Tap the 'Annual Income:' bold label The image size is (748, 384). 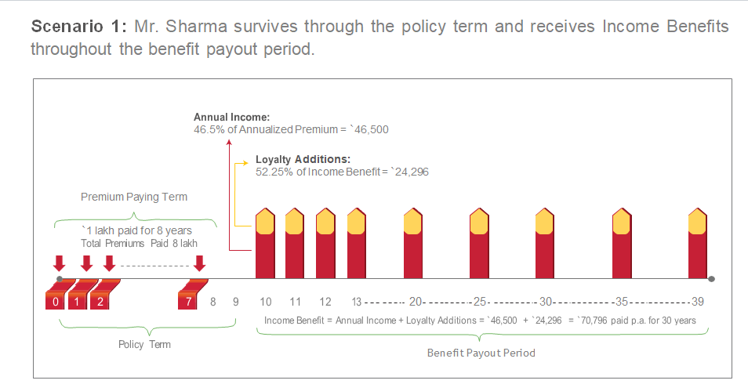pos(231,117)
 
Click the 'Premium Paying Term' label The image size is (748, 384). pos(134,197)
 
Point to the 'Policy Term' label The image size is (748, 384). pos(144,344)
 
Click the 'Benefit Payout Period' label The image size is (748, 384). pos(481,353)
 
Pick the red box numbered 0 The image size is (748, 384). pos(55,301)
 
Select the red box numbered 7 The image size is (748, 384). pos(188,301)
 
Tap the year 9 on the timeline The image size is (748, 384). pos(236,302)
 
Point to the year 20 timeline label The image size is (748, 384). pos(416,302)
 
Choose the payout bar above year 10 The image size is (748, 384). pos(266,244)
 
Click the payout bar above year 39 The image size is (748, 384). pos(698,244)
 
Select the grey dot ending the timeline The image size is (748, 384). pos(711,279)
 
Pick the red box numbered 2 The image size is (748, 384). pos(100,301)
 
